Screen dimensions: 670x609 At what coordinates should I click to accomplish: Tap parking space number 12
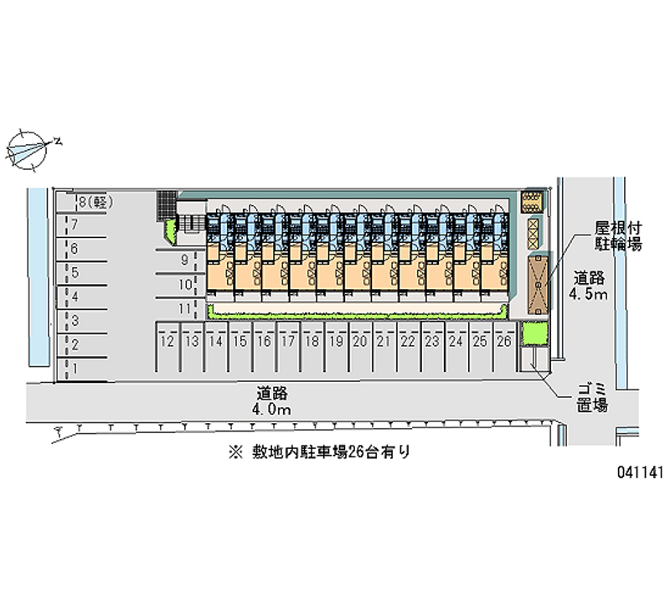[167, 346]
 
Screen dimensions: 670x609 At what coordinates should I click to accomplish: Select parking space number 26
[504, 346]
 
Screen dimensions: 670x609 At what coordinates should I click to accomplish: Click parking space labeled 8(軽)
[82, 202]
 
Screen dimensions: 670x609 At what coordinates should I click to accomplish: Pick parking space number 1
[82, 369]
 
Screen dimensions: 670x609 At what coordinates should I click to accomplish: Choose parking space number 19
[337, 346]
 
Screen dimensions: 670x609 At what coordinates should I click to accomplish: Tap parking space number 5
[82, 273]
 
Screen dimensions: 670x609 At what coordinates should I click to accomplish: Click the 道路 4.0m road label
[271, 401]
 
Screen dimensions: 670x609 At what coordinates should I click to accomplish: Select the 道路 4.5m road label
[589, 286]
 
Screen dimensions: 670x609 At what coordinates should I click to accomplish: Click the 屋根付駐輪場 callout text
[618, 236]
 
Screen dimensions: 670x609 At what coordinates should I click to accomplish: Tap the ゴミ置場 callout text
[592, 397]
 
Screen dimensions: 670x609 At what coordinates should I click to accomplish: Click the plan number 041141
[640, 472]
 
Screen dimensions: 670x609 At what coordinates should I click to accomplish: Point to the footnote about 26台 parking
[320, 452]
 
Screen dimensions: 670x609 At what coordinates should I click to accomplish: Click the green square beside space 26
[535, 333]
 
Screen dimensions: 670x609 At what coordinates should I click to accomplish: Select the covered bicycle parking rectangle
[538, 285]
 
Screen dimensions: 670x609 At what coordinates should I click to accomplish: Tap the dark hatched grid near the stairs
[167, 206]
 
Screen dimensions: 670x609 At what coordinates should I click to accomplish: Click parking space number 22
[408, 346]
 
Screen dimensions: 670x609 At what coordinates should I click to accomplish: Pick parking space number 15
[240, 346]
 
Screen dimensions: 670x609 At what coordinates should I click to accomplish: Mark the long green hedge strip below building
[358, 316]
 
